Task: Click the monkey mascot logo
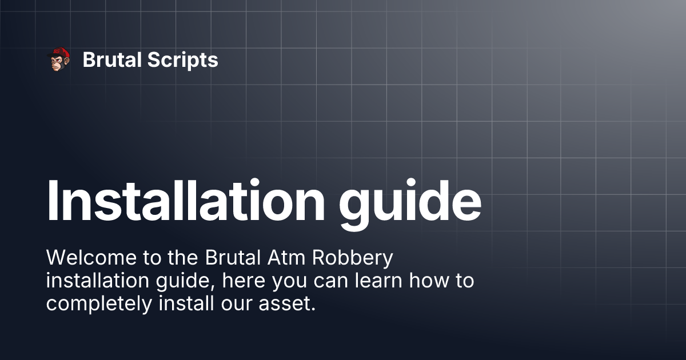click(58, 59)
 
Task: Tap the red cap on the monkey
click(60, 53)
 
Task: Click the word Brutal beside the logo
click(112, 59)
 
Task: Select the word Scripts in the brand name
click(183, 61)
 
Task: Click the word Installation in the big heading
click(186, 200)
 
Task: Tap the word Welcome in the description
click(91, 258)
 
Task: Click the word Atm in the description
click(286, 258)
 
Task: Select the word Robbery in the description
click(353, 259)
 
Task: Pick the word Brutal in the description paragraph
click(233, 258)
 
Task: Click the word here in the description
click(244, 281)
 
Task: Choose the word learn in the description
click(378, 281)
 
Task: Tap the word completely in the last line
click(99, 305)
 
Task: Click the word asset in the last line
click(287, 304)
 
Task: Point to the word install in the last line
click(186, 303)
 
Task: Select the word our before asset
click(237, 305)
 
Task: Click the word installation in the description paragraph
click(98, 281)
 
